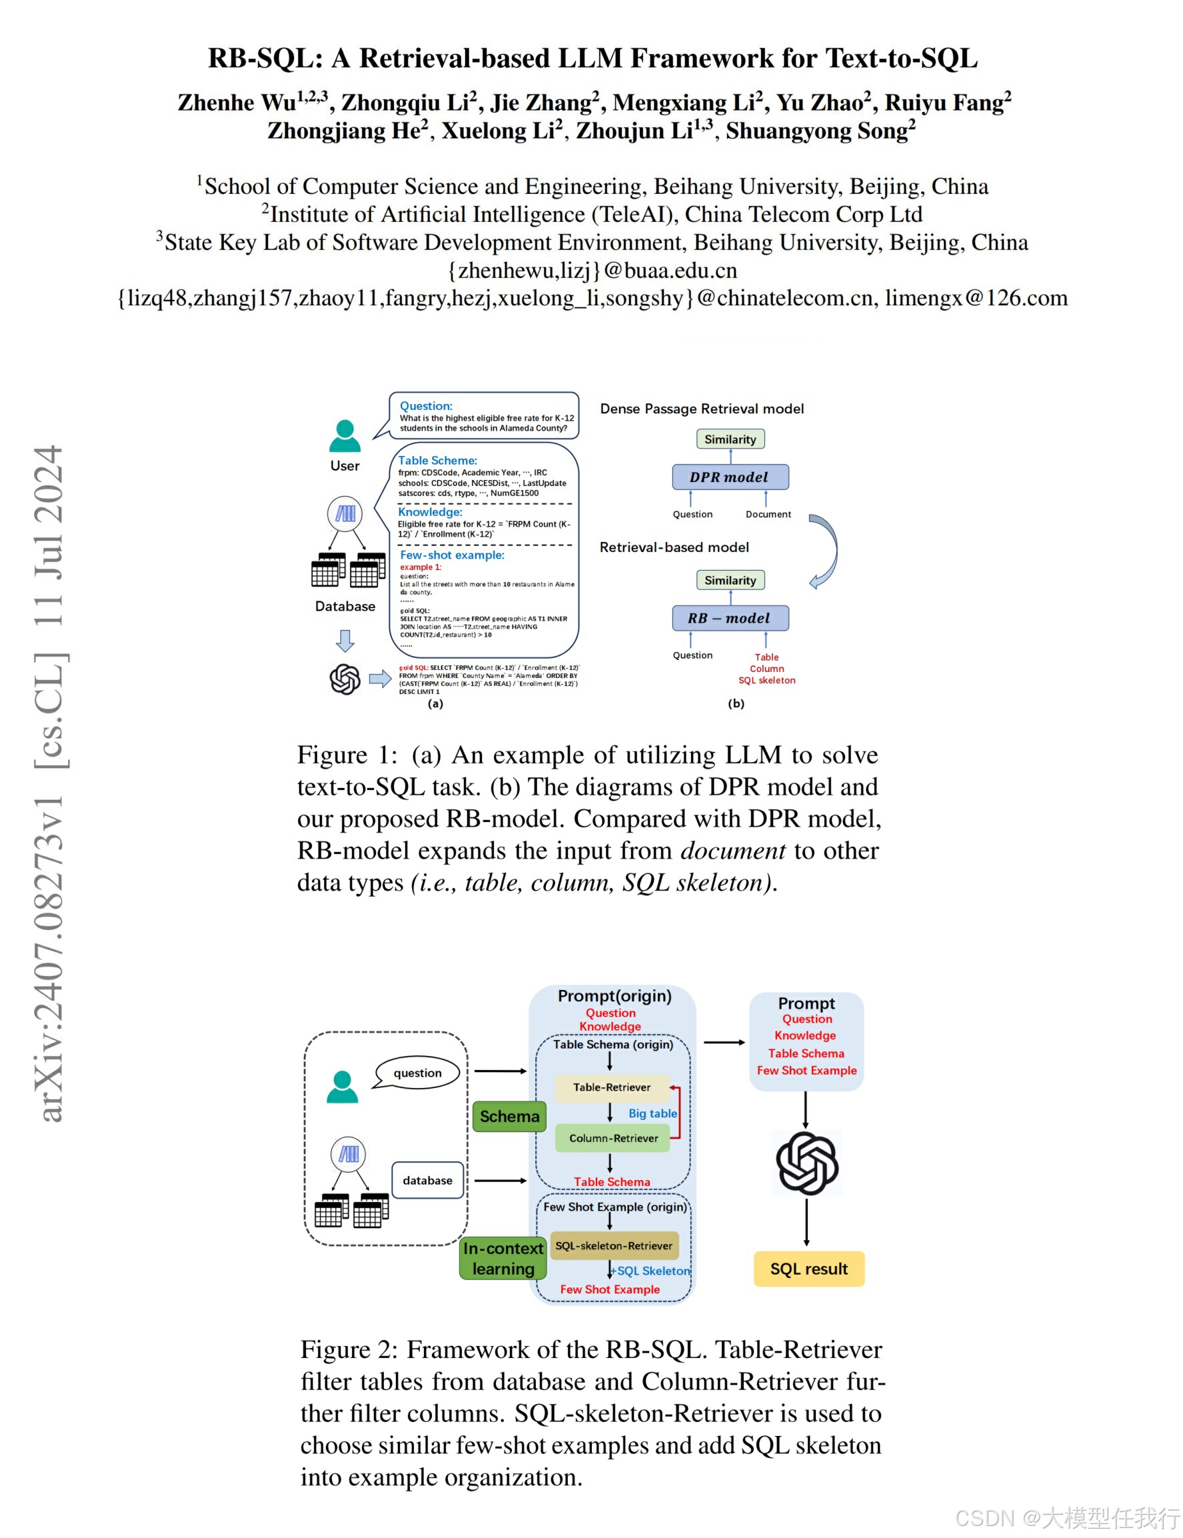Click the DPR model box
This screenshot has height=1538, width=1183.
coord(730,477)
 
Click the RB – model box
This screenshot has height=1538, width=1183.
coord(730,617)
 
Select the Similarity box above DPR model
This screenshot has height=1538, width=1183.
coord(730,439)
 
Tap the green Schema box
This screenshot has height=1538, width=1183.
coord(509,1116)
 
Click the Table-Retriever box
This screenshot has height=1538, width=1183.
coord(611,1087)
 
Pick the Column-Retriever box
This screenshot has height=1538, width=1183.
coord(612,1138)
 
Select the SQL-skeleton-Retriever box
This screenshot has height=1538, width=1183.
coord(613,1246)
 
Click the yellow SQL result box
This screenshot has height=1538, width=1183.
coord(808,1269)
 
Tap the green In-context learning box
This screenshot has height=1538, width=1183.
coord(503,1259)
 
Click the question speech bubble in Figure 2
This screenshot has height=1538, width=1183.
coord(418,1073)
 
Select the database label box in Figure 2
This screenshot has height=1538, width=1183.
coord(427,1180)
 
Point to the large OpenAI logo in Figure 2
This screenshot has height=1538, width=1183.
coord(807,1163)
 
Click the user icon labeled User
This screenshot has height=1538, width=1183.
coord(345,437)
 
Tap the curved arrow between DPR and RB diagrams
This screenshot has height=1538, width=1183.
coord(825,551)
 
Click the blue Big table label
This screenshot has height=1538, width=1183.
coord(652,1113)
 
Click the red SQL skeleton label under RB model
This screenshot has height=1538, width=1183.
coord(767,680)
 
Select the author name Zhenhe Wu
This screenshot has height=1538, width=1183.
coord(237,103)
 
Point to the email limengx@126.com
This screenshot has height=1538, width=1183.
coord(976,298)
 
